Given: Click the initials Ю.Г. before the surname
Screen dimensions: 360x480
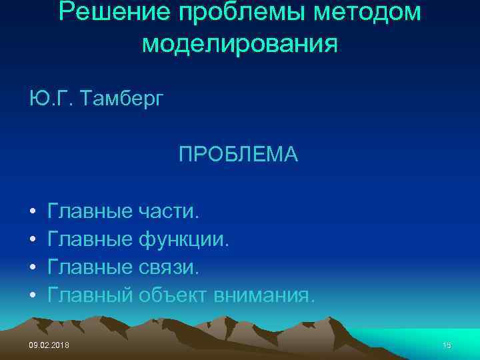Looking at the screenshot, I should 45,99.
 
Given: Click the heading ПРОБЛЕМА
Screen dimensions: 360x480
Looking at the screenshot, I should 238,155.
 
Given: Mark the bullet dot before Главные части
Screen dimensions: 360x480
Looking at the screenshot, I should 32,213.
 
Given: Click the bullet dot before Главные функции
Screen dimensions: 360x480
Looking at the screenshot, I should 32,241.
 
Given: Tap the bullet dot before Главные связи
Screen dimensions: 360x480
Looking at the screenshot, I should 32,268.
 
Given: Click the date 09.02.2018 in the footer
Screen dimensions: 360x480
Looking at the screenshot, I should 49,345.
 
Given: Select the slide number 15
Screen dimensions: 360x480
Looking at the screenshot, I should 447,345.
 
